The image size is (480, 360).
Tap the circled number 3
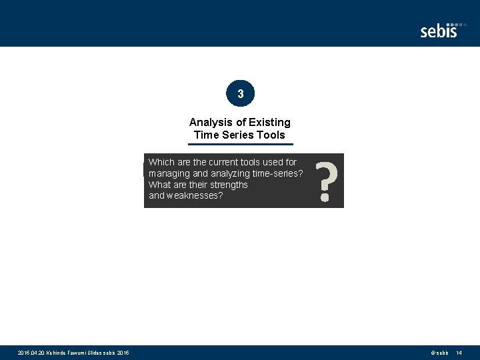(240, 94)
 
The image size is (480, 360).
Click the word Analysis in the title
(209, 122)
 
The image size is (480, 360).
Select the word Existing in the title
(270, 122)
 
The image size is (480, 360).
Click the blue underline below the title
(240, 144)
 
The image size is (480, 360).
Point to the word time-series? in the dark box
(281, 173)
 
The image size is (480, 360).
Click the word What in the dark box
(160, 185)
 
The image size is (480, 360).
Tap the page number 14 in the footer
(459, 353)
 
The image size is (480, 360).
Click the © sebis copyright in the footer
(439, 353)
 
